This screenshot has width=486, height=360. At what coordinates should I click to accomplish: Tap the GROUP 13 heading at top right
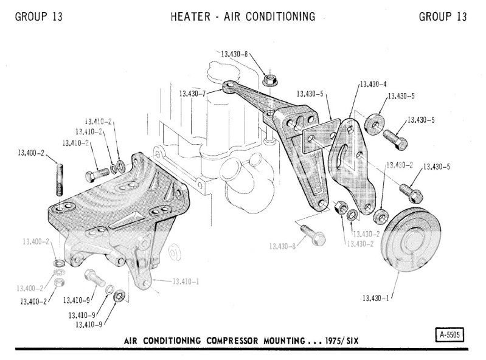pyautogui.click(x=443, y=16)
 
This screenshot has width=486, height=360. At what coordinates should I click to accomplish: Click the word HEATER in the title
pyautogui.click(x=192, y=16)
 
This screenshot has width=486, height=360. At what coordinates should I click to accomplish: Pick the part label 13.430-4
pyautogui.click(x=373, y=84)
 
